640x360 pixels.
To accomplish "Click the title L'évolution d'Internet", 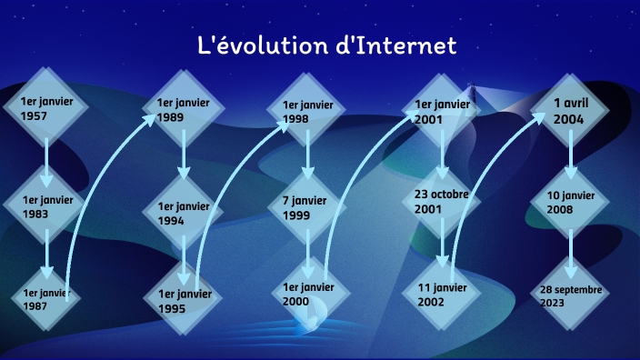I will [x=326, y=45].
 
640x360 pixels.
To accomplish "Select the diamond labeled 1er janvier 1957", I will [x=46, y=107].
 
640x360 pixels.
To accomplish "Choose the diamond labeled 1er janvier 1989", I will [x=183, y=109].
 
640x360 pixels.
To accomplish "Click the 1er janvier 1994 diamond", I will [x=183, y=213].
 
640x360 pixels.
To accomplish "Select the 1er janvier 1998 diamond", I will [x=308, y=112].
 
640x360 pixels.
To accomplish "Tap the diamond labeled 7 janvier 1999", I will [x=308, y=207].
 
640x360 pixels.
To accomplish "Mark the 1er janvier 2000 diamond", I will [x=308, y=294].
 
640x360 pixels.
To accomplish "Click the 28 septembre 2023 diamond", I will [x=571, y=295].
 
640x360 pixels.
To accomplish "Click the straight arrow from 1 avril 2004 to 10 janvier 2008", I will [x=571, y=155].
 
